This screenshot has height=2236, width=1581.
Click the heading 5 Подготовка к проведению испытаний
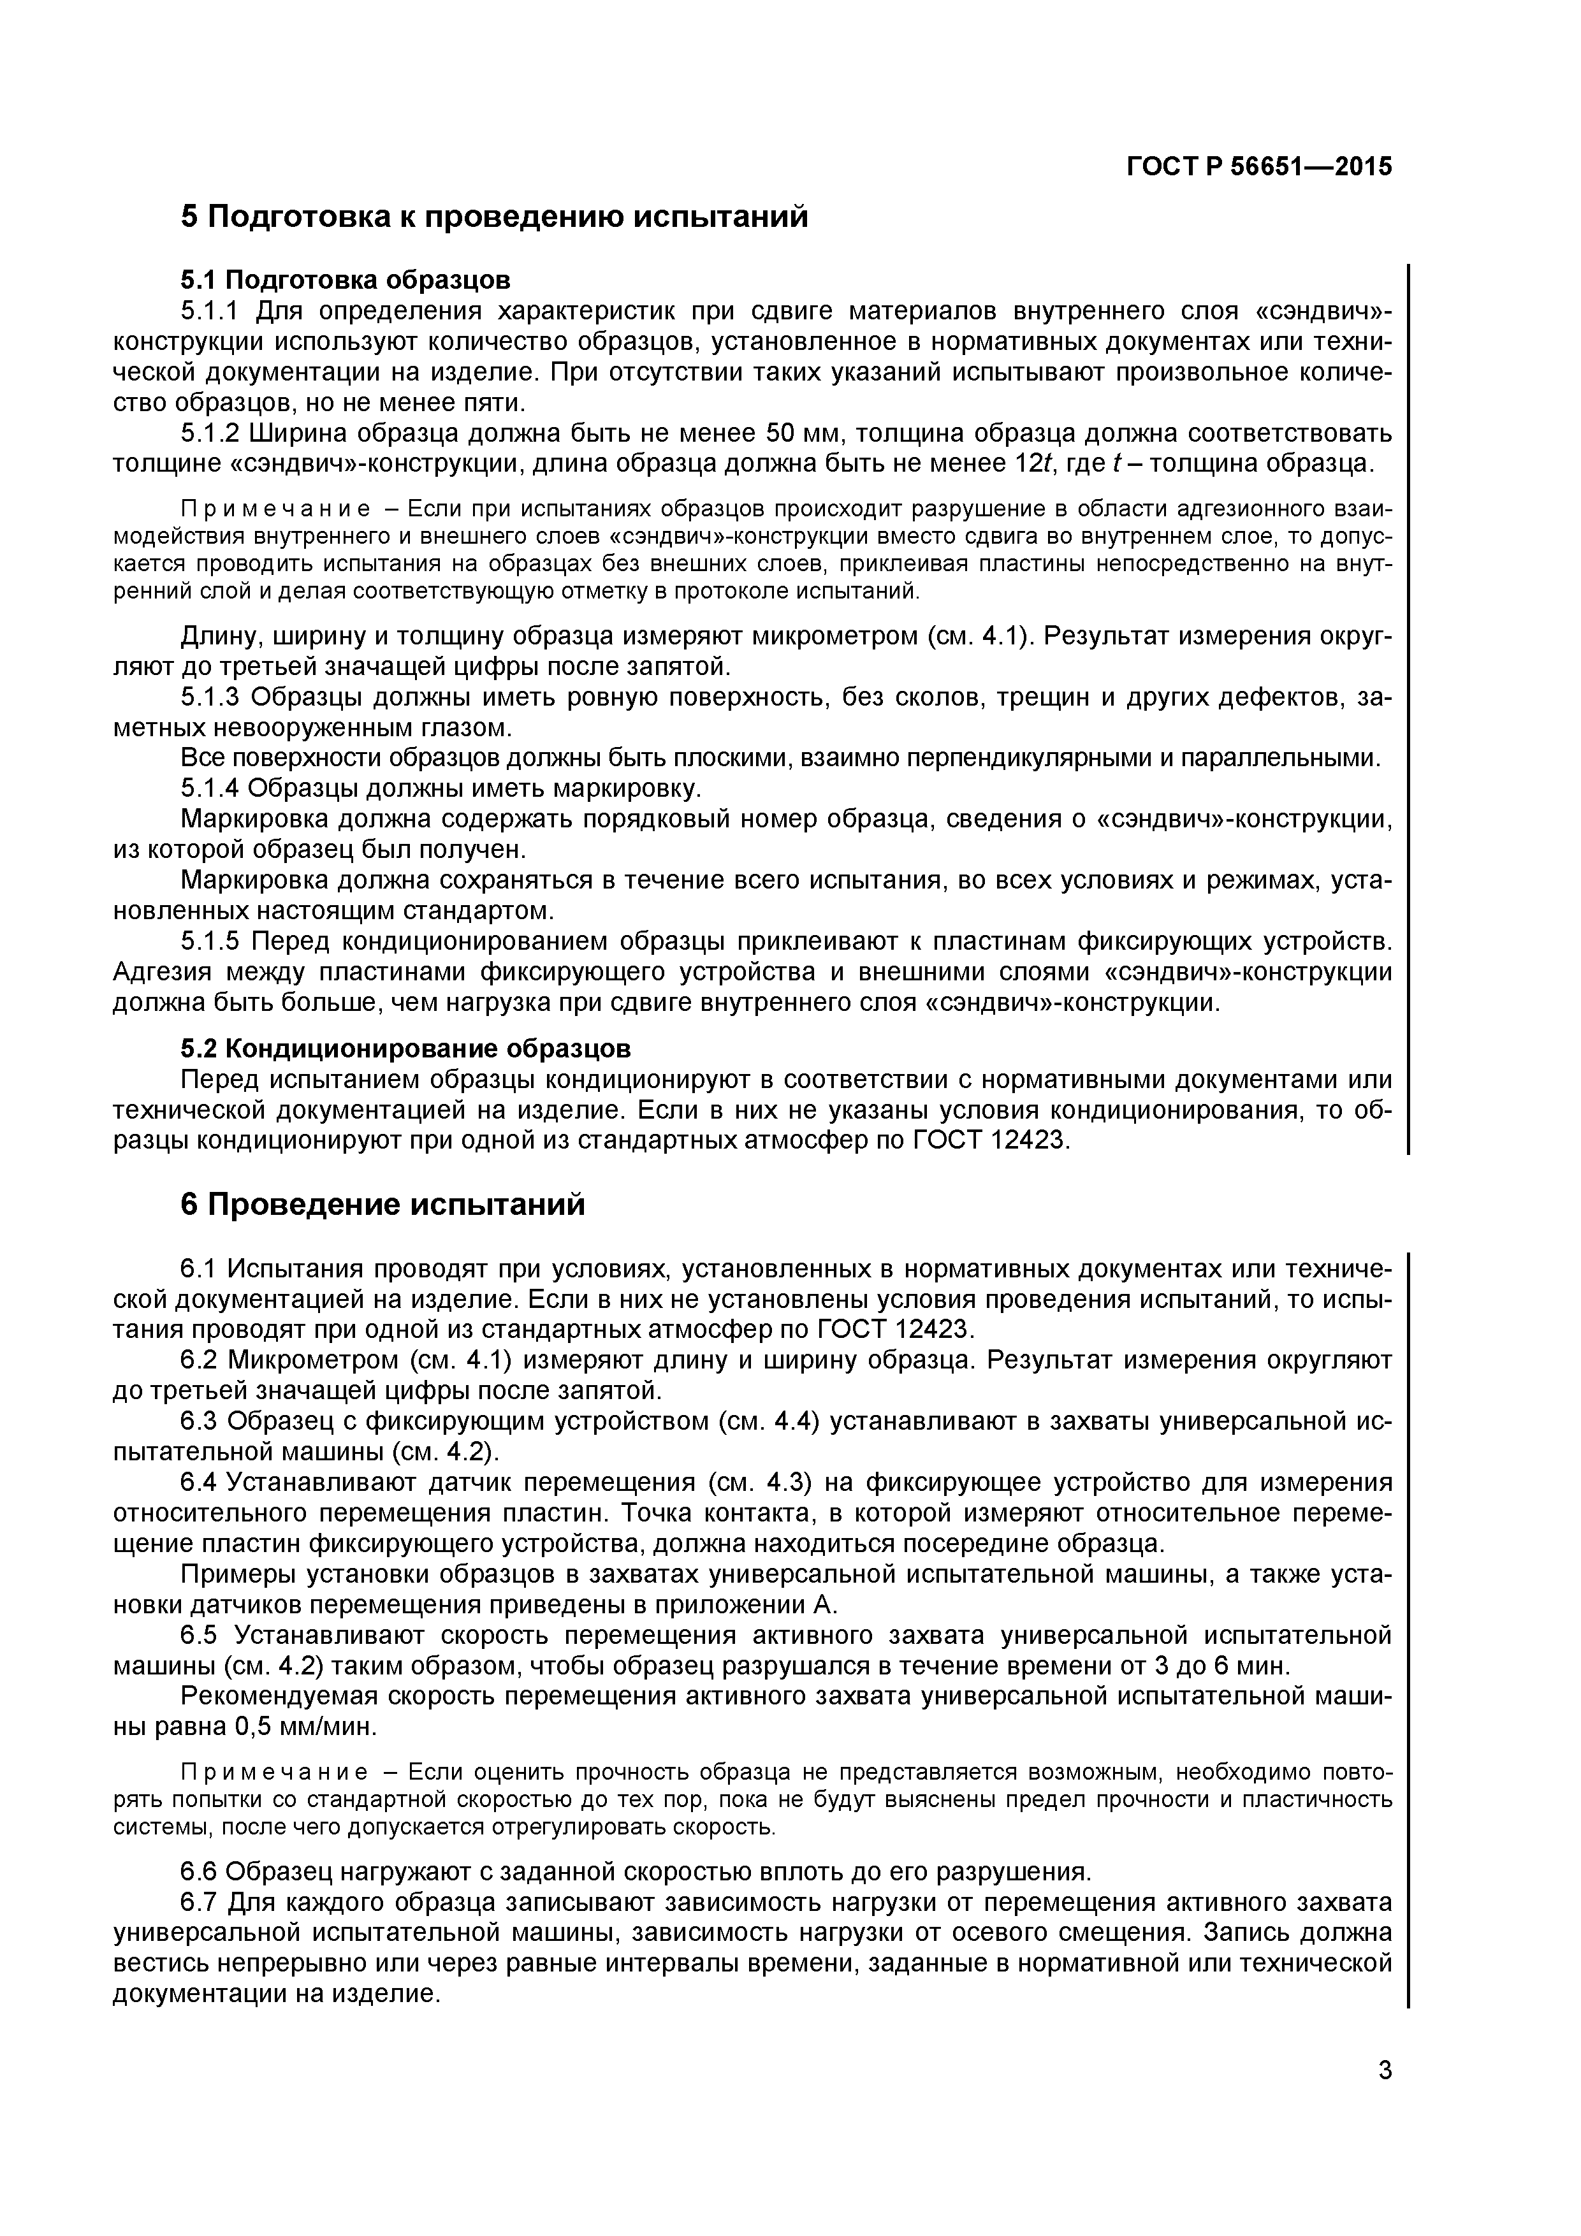495,216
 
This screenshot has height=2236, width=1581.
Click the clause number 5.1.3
214,697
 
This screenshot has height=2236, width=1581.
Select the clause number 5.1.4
214,788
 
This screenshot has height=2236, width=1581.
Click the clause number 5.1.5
214,941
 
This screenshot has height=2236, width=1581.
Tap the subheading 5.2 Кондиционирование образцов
405,1049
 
